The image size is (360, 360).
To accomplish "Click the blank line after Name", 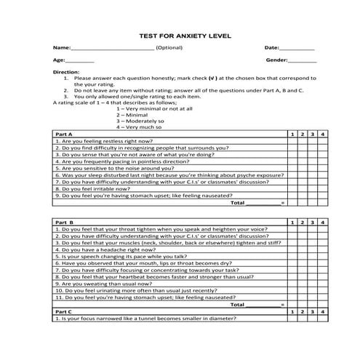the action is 113,48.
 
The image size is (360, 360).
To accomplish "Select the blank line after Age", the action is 80,61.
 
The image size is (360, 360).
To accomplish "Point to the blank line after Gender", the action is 303,61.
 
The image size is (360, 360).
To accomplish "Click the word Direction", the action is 67,72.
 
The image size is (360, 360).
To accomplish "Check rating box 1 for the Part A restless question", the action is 292,141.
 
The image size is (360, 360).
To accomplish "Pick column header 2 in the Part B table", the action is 303,220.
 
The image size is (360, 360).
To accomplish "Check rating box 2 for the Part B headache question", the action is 303,249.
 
